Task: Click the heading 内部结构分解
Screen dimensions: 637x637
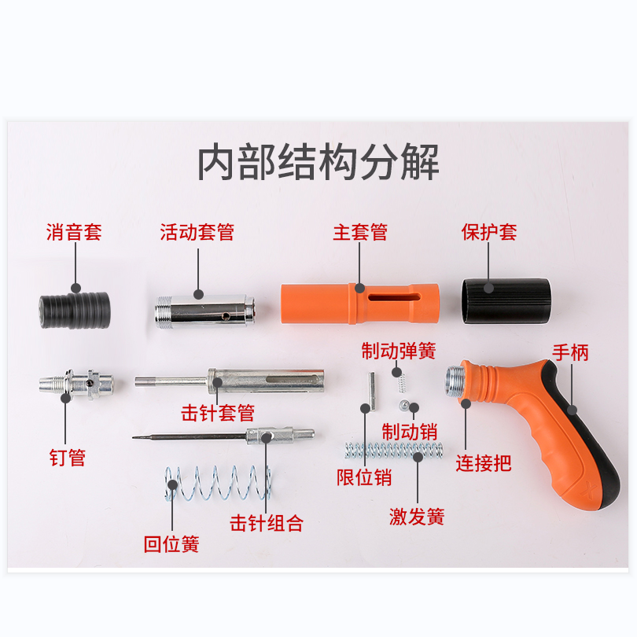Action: tap(318, 163)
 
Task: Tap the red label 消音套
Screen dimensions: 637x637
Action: tap(74, 233)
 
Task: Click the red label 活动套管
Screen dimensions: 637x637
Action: tap(197, 233)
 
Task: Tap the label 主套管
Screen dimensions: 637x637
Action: tap(360, 233)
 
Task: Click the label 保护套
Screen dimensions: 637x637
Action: tap(488, 233)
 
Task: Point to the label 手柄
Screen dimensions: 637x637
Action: tap(570, 352)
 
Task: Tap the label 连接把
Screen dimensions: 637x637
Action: tap(483, 463)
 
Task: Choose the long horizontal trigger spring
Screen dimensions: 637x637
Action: tap(393, 451)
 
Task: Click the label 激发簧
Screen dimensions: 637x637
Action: tap(417, 517)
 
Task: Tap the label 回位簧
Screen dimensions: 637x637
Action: tap(171, 544)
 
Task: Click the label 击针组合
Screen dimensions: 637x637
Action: tap(267, 524)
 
